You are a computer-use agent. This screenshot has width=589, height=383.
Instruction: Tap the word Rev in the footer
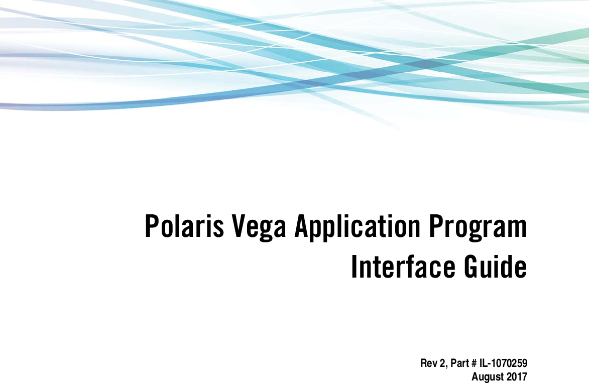427,363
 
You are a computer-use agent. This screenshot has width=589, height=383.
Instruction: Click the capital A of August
476,376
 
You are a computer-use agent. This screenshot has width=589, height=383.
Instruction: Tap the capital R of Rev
423,363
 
